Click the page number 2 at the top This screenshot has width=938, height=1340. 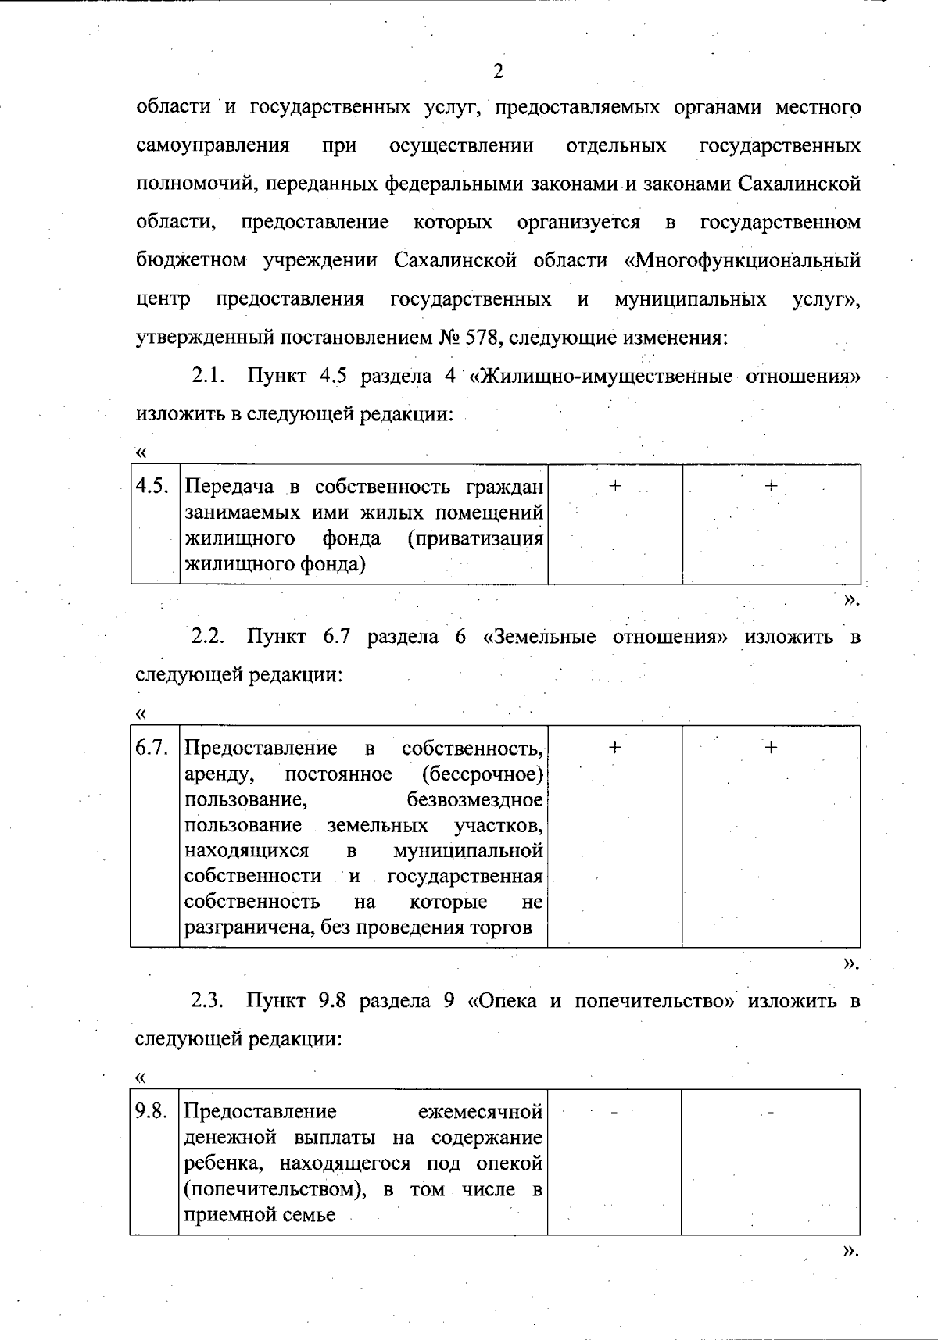pos(498,72)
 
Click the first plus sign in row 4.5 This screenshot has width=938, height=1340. pos(615,486)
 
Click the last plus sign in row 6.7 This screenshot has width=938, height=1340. pos(771,748)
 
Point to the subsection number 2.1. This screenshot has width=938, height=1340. pos(209,376)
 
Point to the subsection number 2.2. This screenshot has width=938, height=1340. pos(209,637)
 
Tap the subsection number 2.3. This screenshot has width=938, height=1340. pos(209,1000)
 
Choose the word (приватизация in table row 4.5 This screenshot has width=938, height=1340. pos(475,538)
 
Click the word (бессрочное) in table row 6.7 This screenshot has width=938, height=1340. pos(482,774)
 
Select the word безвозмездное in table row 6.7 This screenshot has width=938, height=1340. pos(475,800)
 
